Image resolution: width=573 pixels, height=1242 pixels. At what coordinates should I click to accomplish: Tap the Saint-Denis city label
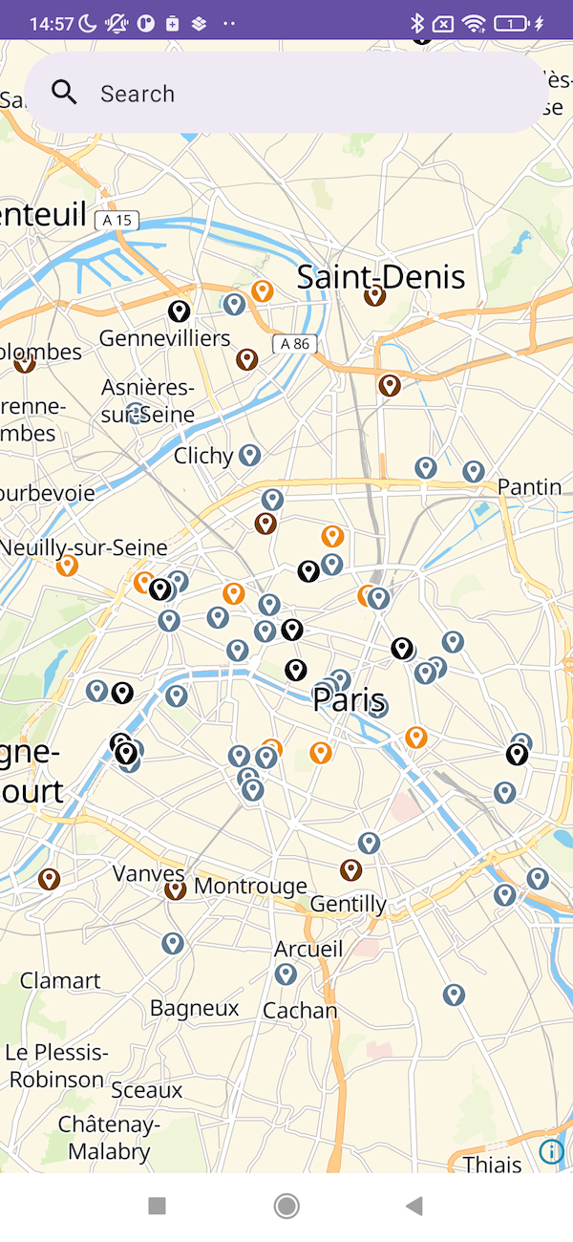[381, 277]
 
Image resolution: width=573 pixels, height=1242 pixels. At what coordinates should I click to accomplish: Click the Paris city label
[349, 699]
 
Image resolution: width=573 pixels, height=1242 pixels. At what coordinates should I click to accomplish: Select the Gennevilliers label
[165, 338]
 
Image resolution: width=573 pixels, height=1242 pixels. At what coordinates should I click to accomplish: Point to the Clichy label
[203, 456]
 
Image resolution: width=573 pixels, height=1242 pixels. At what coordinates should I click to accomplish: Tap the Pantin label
[530, 487]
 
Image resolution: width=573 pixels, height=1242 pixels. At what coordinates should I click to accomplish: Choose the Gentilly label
[349, 904]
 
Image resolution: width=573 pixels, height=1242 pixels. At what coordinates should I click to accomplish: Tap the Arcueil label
[308, 949]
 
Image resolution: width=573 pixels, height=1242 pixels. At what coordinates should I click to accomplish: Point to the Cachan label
[300, 1010]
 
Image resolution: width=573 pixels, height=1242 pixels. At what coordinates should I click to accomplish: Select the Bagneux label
[195, 1008]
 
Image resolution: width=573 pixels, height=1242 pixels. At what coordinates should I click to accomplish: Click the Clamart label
[60, 980]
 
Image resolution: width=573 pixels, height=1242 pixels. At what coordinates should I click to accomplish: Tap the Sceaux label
[146, 1090]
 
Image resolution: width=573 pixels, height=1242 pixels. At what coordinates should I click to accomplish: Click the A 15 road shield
[117, 221]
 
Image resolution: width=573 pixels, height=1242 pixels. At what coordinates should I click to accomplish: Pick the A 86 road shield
[293, 344]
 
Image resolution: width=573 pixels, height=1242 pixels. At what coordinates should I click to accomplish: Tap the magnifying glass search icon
[64, 93]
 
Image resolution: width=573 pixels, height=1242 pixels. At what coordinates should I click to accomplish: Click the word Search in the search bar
[138, 94]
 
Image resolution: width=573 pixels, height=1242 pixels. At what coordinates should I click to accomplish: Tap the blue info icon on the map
[551, 1151]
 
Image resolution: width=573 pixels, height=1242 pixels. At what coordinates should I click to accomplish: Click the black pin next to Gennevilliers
[179, 310]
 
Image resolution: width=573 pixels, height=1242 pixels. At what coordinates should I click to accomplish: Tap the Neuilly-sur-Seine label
[84, 547]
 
